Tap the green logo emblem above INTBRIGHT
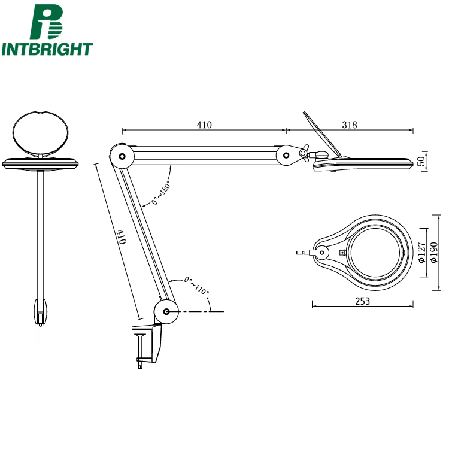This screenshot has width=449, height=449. tap(47, 22)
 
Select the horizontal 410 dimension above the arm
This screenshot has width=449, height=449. tap(204, 125)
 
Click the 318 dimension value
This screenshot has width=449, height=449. tap(350, 125)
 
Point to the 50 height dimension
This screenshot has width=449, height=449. tap(421, 160)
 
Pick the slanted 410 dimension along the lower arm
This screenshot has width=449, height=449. tap(122, 238)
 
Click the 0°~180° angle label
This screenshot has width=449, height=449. tap(161, 193)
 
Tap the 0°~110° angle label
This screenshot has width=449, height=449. tap(197, 285)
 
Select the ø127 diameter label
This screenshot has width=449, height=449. tap(421, 253)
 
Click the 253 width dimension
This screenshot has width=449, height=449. tap(362, 301)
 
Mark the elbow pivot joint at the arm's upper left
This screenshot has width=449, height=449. tap(122, 157)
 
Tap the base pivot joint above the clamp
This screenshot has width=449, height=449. tap(166, 312)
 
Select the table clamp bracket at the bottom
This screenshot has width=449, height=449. tap(149, 344)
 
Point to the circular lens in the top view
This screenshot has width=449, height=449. tap(377, 252)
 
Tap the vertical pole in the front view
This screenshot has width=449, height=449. tap(40, 233)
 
